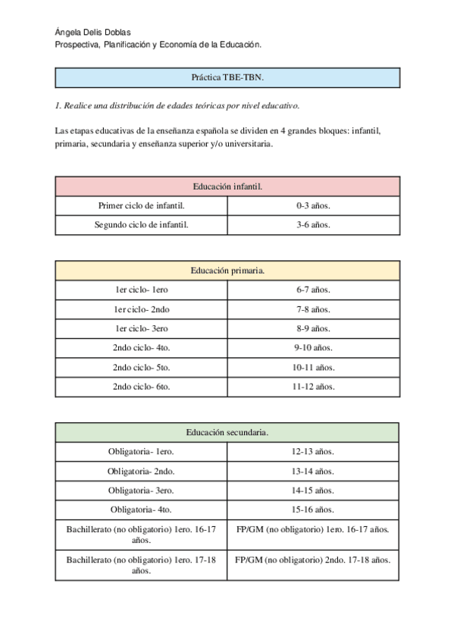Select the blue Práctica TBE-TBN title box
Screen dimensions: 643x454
(227, 77)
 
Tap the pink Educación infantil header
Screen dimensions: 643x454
(227, 187)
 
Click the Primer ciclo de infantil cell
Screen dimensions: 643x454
(142, 205)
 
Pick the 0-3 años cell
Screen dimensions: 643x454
(313, 205)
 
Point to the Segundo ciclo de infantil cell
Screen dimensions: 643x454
(142, 224)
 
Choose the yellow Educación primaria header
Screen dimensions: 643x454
(227, 270)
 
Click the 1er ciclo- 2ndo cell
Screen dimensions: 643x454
(142, 309)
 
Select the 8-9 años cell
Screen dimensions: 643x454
(313, 328)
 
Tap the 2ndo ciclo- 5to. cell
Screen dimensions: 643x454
(142, 367)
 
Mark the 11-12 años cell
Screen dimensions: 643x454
(313, 386)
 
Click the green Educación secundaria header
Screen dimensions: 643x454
(227, 432)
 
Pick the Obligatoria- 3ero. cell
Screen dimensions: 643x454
(142, 491)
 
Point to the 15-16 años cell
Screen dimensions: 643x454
(313, 510)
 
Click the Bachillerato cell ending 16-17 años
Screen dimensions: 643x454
(142, 535)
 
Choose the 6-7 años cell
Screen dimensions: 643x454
(313, 290)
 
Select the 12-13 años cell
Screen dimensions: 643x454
(313, 452)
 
